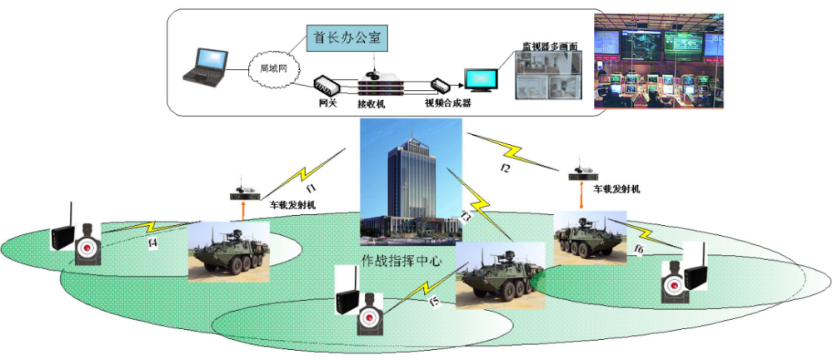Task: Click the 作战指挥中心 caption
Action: pos(401,259)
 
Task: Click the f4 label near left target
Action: pos(152,242)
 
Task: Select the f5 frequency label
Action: pos(433,302)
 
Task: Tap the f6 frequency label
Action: pos(639,249)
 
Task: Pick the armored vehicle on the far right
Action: pos(590,237)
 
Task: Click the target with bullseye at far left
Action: pos(87,247)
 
